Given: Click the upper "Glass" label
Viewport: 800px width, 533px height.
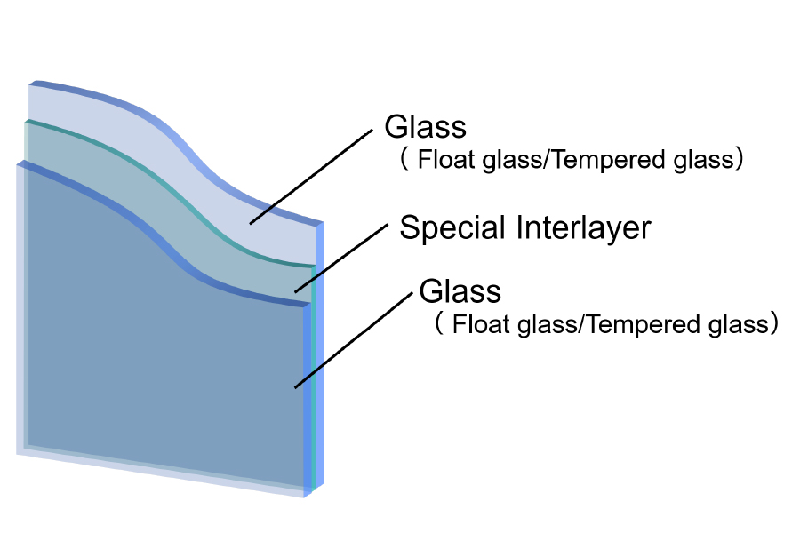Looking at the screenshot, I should coord(425,127).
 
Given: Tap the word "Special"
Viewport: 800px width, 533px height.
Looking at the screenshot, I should coord(454,228).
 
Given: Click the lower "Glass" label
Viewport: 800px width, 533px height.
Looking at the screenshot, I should coord(460,291).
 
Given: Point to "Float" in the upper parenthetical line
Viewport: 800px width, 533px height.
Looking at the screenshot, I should coord(442,161).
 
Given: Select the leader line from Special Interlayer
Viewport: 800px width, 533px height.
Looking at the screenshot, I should coord(343,257).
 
